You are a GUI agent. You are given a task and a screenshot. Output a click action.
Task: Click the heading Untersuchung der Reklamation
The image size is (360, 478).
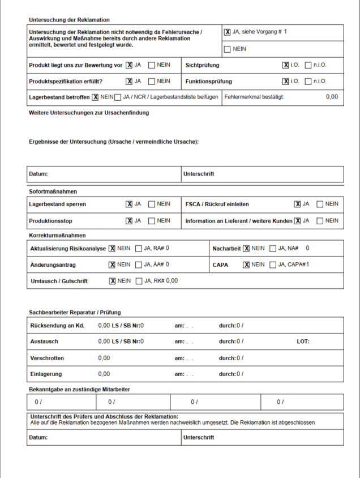pos(69,20)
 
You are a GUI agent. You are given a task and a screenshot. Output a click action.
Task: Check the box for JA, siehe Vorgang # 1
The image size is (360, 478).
pos(228,32)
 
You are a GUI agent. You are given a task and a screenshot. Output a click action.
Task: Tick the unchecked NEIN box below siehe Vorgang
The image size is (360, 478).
pos(228,49)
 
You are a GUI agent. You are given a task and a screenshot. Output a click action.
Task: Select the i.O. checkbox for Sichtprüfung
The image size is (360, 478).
pos(286,65)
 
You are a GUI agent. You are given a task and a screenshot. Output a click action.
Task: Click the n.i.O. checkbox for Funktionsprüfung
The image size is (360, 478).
pos(308,81)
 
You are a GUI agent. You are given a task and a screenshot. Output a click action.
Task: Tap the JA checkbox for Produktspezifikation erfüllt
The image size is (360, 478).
pos(129,81)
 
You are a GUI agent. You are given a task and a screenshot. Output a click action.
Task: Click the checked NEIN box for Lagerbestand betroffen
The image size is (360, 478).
pos(95,97)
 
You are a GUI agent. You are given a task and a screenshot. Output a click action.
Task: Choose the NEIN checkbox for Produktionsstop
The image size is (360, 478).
pos(152,220)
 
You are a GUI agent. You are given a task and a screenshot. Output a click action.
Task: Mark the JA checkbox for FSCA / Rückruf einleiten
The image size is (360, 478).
pos(297,204)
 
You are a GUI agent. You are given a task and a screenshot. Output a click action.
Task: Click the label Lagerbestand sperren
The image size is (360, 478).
pos(58,204)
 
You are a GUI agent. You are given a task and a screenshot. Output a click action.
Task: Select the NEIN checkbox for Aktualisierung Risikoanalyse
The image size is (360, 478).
pos(112,248)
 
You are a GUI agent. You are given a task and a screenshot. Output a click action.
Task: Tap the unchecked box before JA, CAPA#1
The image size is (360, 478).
pos(273,264)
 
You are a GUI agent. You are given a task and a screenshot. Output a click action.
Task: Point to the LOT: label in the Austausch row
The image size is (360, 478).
pos(303,342)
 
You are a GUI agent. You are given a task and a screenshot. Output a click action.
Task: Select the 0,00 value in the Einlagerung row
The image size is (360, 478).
pos(104,374)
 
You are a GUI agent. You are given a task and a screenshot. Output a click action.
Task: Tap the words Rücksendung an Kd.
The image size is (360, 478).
pos(56,326)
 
